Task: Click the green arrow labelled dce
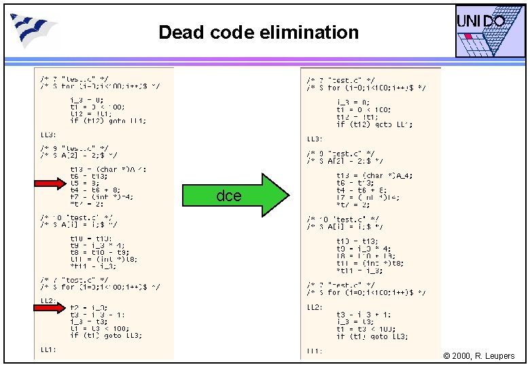(235, 196)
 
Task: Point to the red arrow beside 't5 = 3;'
(49, 183)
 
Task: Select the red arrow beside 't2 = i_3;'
(49, 308)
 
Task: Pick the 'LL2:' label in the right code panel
(315, 307)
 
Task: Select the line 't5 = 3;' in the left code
(84, 183)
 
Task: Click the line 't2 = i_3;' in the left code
(88, 308)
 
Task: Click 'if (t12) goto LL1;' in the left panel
(107, 121)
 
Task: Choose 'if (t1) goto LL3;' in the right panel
(372, 336)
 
